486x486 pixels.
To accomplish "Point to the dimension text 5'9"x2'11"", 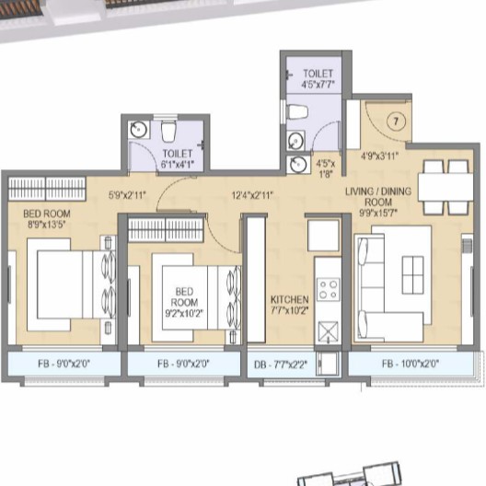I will click(x=127, y=194).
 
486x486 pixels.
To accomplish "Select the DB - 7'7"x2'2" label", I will click(x=281, y=364).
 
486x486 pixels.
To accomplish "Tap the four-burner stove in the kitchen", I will click(x=328, y=289).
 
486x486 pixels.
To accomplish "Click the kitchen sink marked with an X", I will click(x=328, y=331).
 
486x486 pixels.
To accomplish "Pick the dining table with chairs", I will click(x=445, y=183).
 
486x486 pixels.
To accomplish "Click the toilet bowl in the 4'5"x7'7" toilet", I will click(x=297, y=111).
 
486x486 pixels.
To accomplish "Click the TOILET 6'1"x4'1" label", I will click(x=178, y=158).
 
